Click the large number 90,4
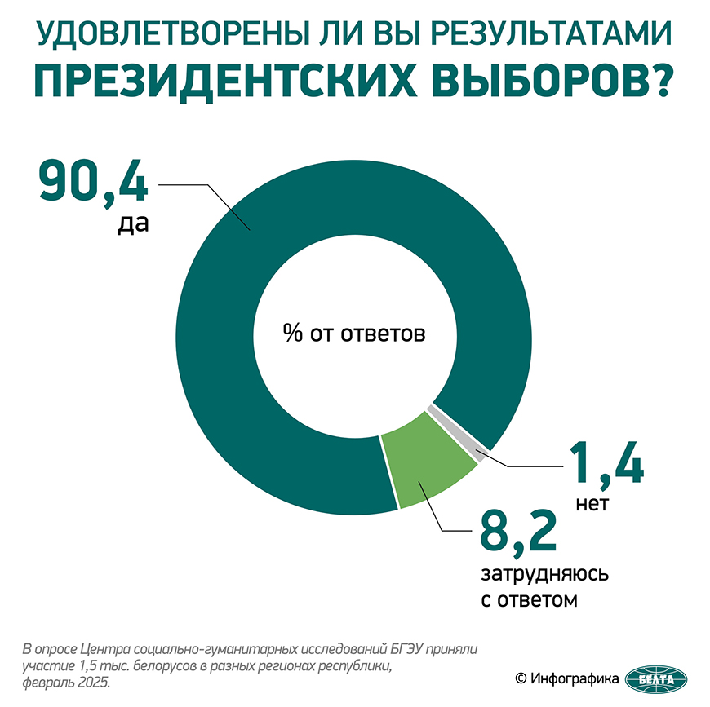[x=93, y=183]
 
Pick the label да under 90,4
[x=131, y=223]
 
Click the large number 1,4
[x=605, y=465]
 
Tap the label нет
[x=592, y=504]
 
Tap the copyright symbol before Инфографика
[x=519, y=678]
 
